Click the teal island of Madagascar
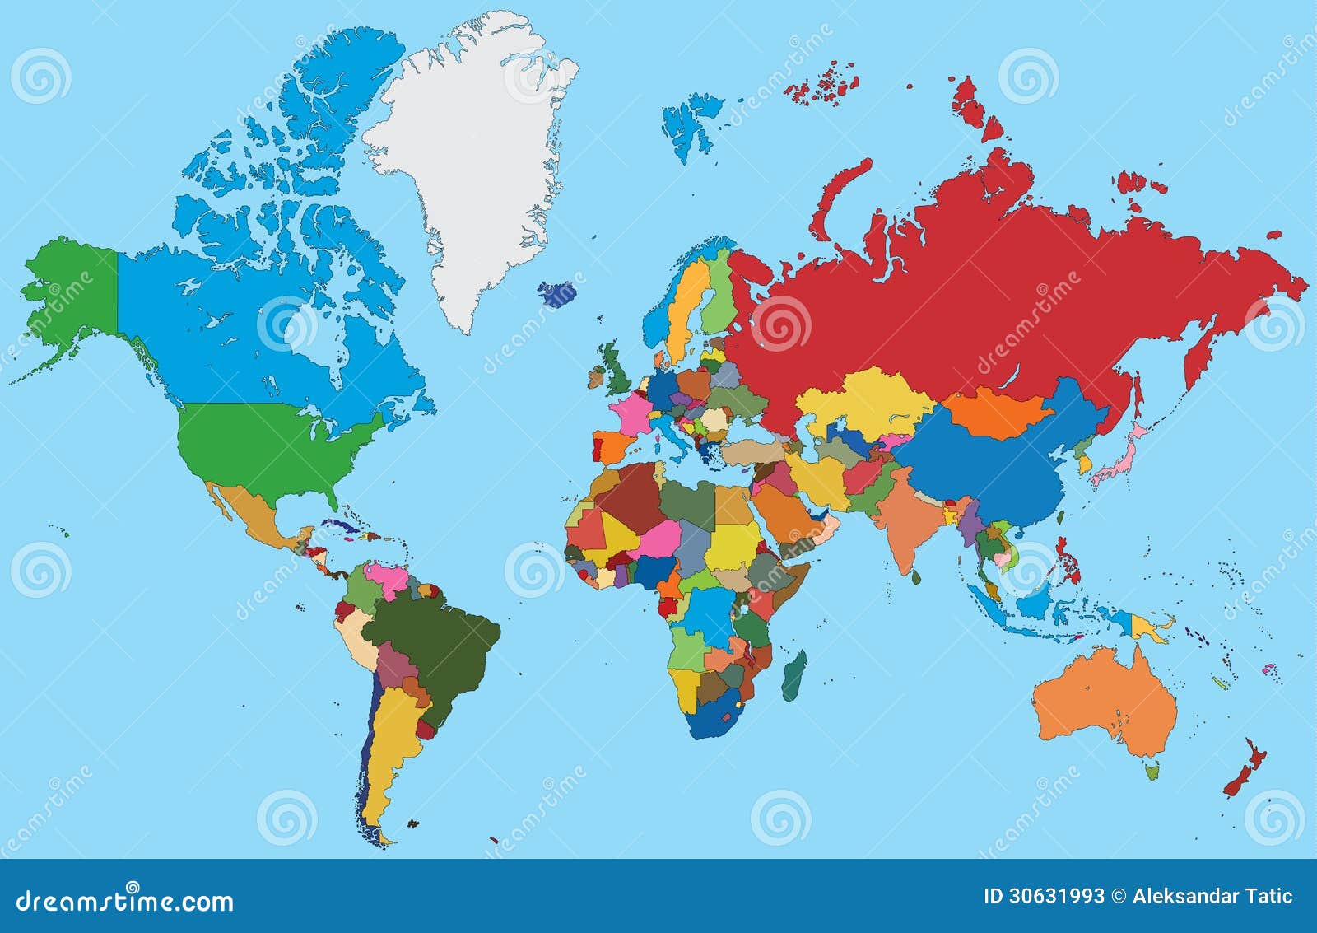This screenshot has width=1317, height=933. (794, 676)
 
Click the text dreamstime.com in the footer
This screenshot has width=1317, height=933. (125, 902)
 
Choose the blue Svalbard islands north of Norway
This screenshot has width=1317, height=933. (691, 124)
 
